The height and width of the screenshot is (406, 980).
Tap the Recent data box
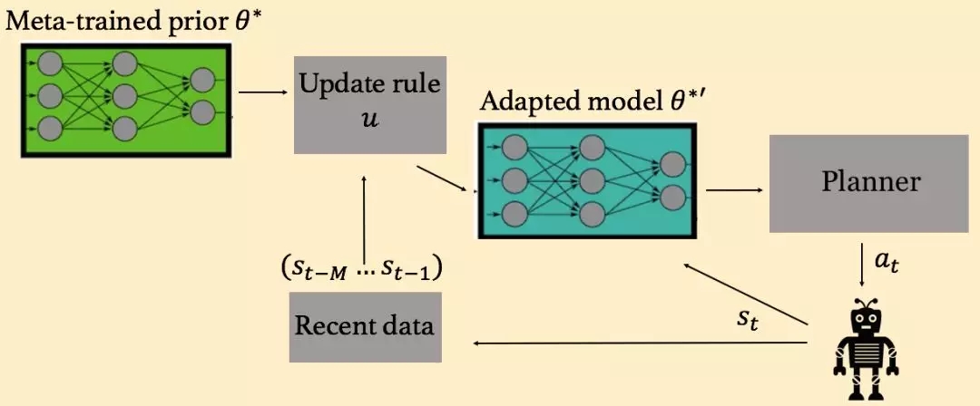click(x=365, y=326)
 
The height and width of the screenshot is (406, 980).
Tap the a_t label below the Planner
click(x=887, y=264)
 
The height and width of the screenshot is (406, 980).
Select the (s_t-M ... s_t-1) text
click(x=366, y=270)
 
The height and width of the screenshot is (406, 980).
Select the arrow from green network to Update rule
click(x=263, y=91)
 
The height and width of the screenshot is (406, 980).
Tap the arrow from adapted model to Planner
click(x=732, y=190)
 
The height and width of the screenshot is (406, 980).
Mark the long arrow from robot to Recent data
click(x=639, y=343)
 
